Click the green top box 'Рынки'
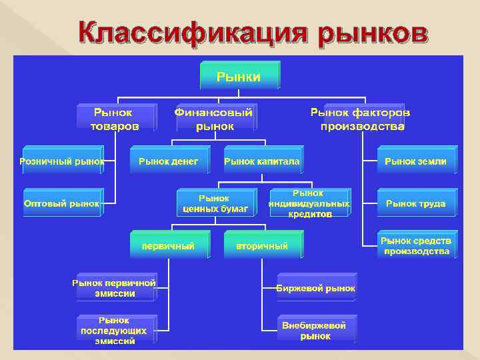(x=239, y=76)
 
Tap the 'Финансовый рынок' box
(x=215, y=118)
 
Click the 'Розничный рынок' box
(x=62, y=161)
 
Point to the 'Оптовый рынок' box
(x=62, y=203)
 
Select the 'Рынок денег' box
(x=169, y=161)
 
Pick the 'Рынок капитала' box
(x=263, y=161)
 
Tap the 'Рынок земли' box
(x=416, y=161)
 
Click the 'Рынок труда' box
(x=416, y=203)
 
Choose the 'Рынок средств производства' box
(x=416, y=245)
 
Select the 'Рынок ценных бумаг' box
(x=215, y=203)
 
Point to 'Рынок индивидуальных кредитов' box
(x=309, y=203)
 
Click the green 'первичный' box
(x=169, y=245)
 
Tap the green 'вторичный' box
(x=263, y=245)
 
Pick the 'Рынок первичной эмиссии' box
(x=115, y=287)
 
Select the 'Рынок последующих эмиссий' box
(x=115, y=330)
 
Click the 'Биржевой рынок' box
(x=316, y=287)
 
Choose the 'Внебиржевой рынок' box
(x=316, y=330)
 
